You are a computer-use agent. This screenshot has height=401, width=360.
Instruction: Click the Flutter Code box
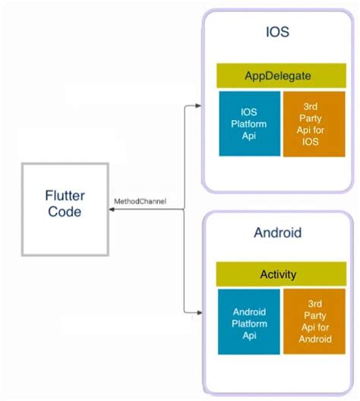pos(64,207)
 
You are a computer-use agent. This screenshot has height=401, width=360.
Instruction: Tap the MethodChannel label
pos(140,202)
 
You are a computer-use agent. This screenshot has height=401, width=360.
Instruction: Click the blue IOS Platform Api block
pos(249,124)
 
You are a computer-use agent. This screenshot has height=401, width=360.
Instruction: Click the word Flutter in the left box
pos(64,196)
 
